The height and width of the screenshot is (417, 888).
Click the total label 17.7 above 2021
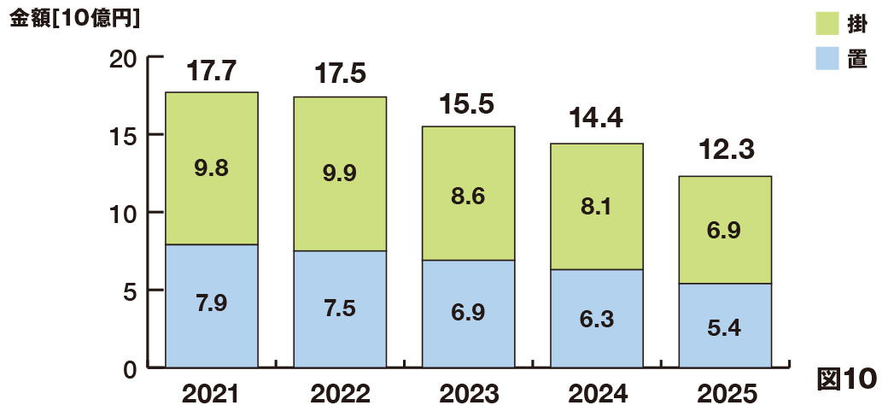coord(211,71)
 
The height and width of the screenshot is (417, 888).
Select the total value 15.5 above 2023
coord(468,105)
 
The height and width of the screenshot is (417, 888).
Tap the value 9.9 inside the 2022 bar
coord(340,173)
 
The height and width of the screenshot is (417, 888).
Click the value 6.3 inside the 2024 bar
coord(596,319)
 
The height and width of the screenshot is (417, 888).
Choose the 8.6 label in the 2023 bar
coord(468,197)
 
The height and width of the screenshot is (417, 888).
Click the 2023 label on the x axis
coord(468,394)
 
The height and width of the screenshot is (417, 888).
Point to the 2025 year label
coord(726,394)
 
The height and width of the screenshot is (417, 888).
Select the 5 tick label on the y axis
coord(131,291)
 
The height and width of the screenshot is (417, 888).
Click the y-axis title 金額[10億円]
coord(75,18)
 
